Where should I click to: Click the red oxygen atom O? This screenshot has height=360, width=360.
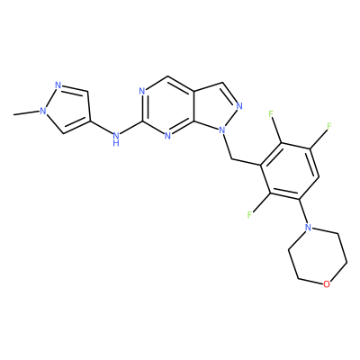click(x=327, y=284)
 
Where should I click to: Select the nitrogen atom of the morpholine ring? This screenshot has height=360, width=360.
click(x=307, y=227)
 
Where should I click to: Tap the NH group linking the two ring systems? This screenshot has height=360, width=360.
click(x=116, y=139)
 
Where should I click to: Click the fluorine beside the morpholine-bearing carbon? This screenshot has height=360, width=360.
click(x=249, y=214)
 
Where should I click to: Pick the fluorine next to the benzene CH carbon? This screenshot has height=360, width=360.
click(x=329, y=126)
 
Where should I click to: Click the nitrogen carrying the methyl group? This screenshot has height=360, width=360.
click(x=43, y=111)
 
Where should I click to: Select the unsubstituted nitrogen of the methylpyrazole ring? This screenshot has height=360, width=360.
click(x=58, y=85)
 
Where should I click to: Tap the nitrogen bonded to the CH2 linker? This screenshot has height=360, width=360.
click(x=222, y=130)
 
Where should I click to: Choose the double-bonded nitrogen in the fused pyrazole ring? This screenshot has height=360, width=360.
click(x=239, y=105)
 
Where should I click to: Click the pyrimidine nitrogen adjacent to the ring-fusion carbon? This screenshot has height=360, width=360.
click(x=167, y=136)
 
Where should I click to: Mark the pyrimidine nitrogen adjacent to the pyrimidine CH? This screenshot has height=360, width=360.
click(x=142, y=91)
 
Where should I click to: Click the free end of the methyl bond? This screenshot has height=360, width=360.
click(x=13, y=115)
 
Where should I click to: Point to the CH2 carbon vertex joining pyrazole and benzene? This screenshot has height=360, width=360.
click(x=232, y=158)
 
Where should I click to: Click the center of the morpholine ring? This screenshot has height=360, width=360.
click(x=318, y=256)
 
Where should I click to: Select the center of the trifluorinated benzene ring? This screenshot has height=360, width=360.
click(x=290, y=171)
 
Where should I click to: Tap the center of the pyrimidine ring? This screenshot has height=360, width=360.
click(x=168, y=106)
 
